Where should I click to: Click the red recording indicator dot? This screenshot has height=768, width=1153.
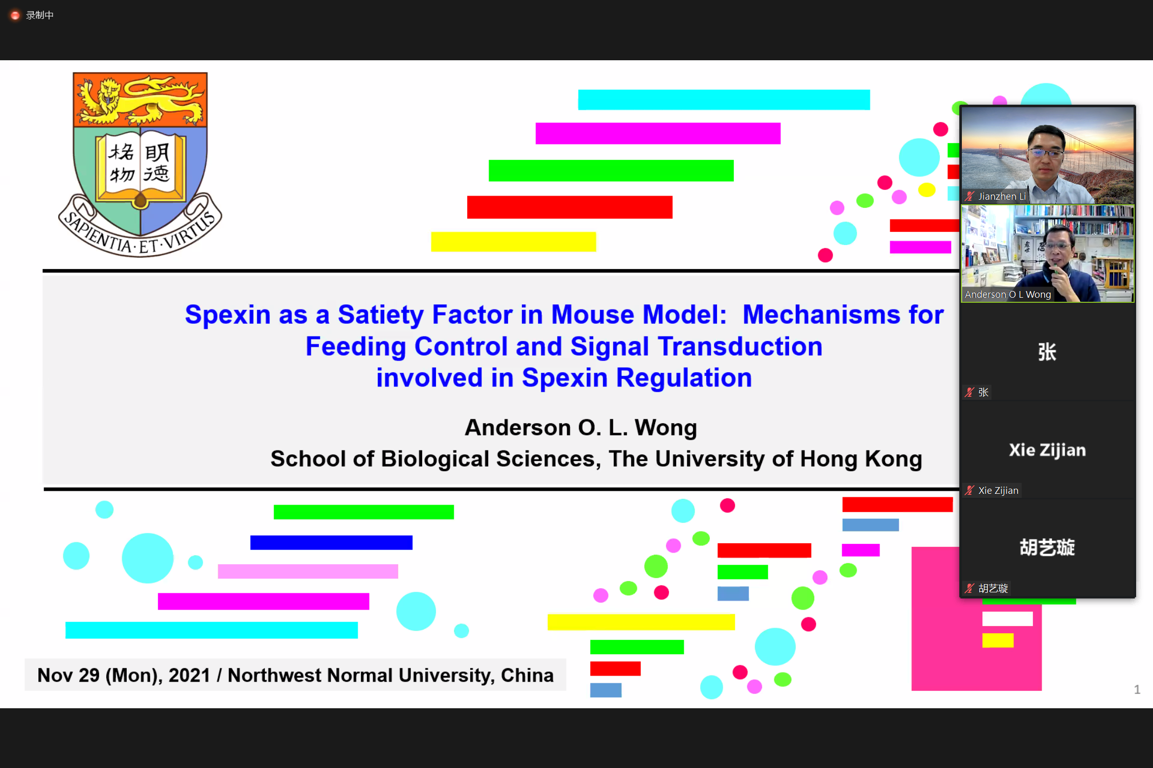tap(15, 15)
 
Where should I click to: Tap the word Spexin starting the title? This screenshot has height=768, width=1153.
tap(227, 315)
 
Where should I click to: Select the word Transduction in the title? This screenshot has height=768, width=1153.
tap(740, 346)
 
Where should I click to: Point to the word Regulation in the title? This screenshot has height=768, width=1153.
tap(684, 378)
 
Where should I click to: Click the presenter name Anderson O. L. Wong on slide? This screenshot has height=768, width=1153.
tap(581, 427)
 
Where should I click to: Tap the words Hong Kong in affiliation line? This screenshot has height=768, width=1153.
tap(861, 459)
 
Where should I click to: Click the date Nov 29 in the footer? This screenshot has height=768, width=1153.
tap(68, 675)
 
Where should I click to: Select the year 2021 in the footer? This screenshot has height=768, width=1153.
tap(189, 675)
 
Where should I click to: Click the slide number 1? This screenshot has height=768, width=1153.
tap(1137, 690)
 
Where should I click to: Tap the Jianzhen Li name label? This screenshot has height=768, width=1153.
tap(1002, 196)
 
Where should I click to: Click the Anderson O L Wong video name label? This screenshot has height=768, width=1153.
tap(1008, 295)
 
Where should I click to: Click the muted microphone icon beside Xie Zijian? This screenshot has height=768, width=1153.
tap(970, 491)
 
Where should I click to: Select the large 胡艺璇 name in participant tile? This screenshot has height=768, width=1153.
tap(1047, 547)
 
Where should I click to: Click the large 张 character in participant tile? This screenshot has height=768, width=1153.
tap(1047, 352)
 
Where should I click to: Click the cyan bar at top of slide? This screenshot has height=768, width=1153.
tap(724, 100)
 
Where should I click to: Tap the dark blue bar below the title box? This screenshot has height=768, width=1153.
tap(331, 542)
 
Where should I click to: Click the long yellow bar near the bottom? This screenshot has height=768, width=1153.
tap(641, 622)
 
